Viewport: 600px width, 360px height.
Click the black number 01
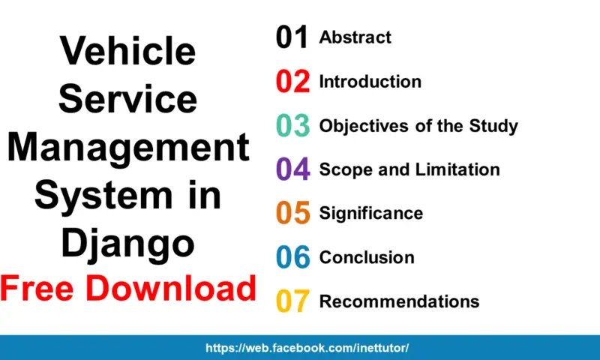coord(292,37)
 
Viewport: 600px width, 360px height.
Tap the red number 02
coord(292,82)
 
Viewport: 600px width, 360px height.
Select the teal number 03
coord(292,126)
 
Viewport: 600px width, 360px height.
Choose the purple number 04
coord(292,169)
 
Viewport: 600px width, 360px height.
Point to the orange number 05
coord(292,214)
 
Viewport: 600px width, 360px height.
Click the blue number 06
coord(292,258)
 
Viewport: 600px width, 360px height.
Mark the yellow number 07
coord(292,301)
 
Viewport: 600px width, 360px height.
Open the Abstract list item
coord(355,37)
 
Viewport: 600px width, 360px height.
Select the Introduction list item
coord(370,81)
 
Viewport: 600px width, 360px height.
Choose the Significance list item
coord(370,213)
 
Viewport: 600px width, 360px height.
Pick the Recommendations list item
coord(399,301)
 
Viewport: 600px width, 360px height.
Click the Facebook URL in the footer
coord(307,348)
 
